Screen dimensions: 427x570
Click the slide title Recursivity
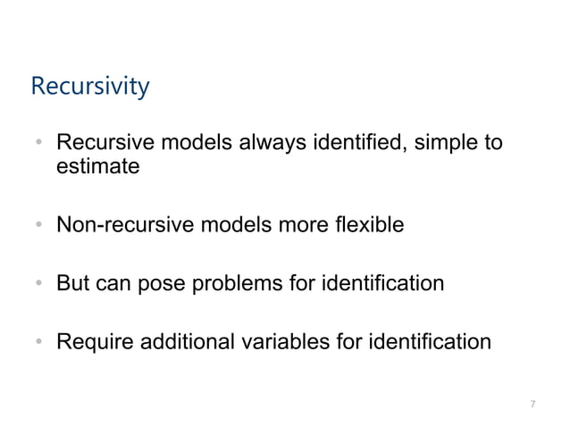click(x=89, y=88)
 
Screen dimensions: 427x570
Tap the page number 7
click(x=532, y=405)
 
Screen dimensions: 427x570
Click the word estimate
click(x=97, y=166)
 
